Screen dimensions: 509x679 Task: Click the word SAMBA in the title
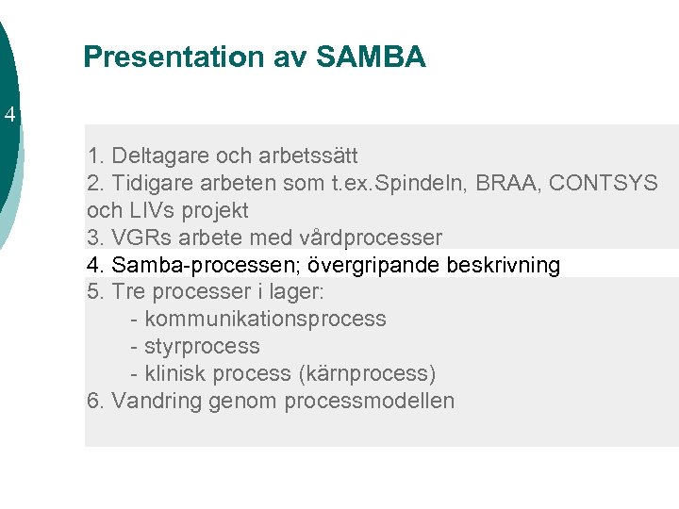coord(372,57)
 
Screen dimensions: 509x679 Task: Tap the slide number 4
coord(9,116)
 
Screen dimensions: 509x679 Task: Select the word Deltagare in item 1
coord(157,155)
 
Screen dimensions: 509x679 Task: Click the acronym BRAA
coord(494,182)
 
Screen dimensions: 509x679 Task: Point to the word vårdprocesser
coord(372,237)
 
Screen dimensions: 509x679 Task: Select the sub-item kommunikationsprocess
coord(265,319)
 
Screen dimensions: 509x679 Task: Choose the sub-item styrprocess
coord(202,346)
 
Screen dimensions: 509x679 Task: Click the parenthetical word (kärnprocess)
coord(367,373)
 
